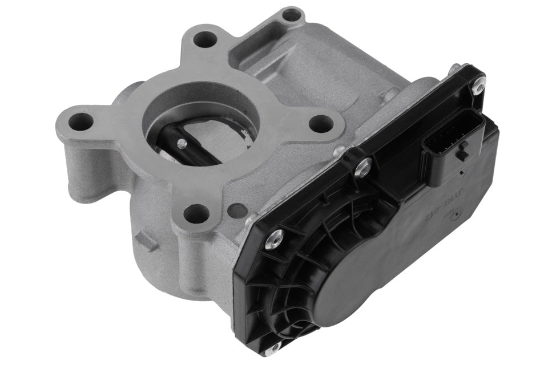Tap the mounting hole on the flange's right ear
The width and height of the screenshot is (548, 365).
coord(321,123)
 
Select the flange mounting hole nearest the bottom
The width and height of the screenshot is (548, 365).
coord(196,213)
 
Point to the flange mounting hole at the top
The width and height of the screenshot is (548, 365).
coord(205,39)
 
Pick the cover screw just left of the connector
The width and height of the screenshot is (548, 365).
coord(362,167)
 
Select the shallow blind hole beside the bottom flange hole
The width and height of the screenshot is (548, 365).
coord(237,210)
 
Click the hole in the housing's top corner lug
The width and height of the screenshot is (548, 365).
coord(292,15)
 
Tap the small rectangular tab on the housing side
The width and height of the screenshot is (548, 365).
coord(147,242)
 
